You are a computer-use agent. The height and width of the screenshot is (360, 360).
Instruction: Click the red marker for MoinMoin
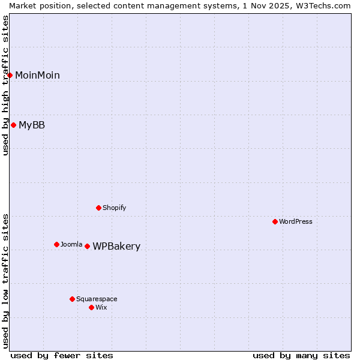tap(10, 75)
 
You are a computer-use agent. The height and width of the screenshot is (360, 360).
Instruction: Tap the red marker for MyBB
tap(14, 125)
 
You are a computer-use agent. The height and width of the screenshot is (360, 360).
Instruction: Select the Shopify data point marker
tap(99, 208)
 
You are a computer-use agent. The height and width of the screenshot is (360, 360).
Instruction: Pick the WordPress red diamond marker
tap(275, 221)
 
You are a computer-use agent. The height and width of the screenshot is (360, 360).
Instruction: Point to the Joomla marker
tap(57, 244)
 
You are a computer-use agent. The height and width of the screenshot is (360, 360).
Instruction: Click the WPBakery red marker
tap(88, 246)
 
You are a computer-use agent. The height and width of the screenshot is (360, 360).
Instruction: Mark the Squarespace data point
tap(73, 299)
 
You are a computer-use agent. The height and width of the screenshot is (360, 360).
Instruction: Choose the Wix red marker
tap(92, 307)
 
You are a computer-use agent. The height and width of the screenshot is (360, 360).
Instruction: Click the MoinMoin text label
tap(37, 75)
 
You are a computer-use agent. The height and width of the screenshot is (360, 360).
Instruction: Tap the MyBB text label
tap(32, 125)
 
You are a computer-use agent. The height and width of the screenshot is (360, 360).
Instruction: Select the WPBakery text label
tap(116, 246)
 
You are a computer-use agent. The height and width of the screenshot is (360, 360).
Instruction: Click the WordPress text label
tap(296, 221)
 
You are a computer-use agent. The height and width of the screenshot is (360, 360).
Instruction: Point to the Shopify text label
tap(115, 208)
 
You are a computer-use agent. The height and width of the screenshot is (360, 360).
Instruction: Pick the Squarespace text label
tap(97, 299)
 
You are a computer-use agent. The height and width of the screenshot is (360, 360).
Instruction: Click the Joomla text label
tap(71, 244)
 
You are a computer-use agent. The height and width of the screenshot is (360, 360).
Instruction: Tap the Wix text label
tap(101, 307)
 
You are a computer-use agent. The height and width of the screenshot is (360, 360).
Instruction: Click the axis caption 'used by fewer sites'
tap(62, 355)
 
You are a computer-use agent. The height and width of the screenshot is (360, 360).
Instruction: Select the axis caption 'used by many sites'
tap(301, 355)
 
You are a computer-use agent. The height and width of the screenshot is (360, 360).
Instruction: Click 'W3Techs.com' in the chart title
tap(327, 5)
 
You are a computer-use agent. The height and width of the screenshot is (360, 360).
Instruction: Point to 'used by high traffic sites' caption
tap(5, 85)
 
